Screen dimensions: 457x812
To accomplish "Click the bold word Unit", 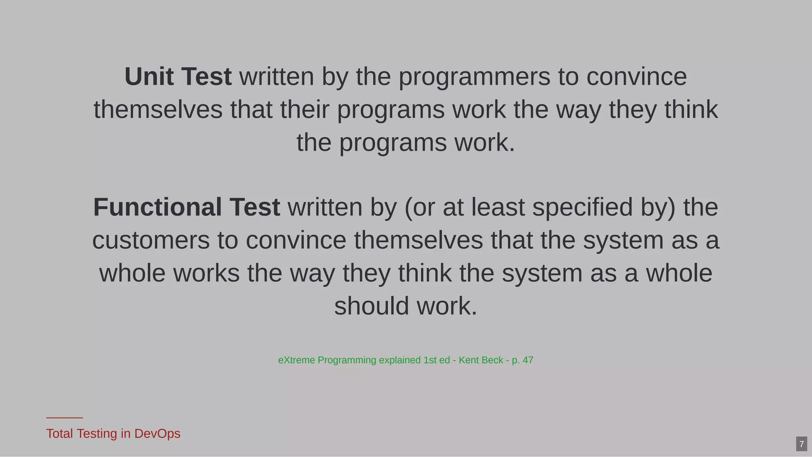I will point(149,76).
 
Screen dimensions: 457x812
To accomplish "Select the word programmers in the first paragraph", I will point(474,77).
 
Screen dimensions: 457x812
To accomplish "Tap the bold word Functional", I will point(157,207).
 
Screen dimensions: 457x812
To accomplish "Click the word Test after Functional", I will point(255,207).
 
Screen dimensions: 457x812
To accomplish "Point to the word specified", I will point(582,208).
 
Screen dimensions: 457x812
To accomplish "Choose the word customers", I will point(151,240).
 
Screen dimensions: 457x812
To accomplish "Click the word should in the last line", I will point(372,306).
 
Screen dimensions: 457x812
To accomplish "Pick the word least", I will point(498,207).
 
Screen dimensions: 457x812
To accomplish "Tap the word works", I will point(206,273).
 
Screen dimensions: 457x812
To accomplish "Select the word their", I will point(304,109).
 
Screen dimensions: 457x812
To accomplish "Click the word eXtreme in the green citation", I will point(297,360).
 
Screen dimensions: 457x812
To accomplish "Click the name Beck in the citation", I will point(492,360).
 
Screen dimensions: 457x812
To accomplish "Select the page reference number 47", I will point(528,360).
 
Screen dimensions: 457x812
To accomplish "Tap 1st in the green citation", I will point(430,360).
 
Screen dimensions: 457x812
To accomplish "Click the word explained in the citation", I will point(400,360).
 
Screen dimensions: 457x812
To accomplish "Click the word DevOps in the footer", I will point(157,434).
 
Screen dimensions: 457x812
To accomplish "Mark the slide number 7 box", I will point(801,444).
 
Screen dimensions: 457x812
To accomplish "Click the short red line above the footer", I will point(64,418).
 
